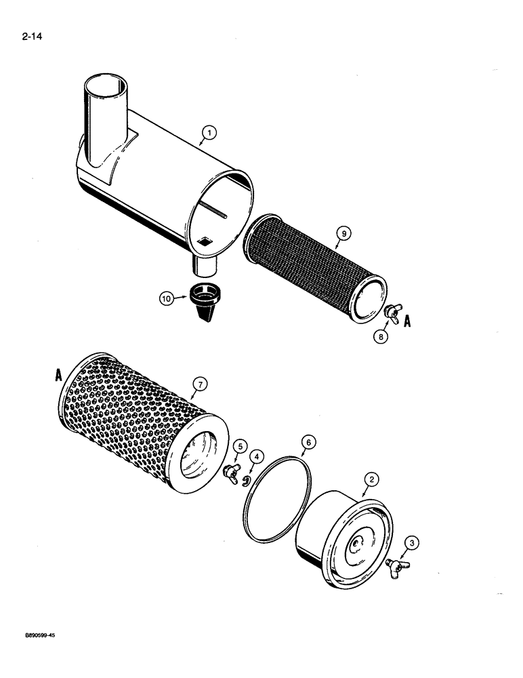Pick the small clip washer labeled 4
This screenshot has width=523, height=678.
point(245,481)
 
